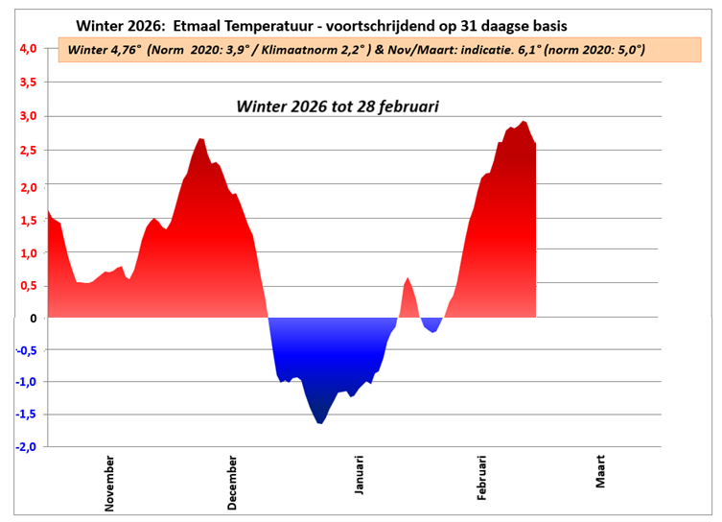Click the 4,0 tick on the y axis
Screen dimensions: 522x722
click(x=26, y=48)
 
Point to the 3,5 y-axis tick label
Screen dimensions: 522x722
click(x=26, y=83)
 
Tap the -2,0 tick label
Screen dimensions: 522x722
click(x=24, y=447)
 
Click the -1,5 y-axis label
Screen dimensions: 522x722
click(x=24, y=415)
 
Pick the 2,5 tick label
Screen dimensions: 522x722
click(x=26, y=151)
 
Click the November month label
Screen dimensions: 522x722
click(x=110, y=484)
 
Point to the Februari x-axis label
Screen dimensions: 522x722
click(x=482, y=477)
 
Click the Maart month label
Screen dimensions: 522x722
click(x=600, y=470)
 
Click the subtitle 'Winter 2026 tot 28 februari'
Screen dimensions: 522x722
click(x=338, y=107)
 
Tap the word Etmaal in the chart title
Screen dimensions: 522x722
click(x=204, y=23)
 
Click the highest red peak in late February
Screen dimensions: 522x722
click(x=524, y=125)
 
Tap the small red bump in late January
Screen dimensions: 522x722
click(x=408, y=283)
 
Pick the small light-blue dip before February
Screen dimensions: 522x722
click(x=433, y=329)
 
